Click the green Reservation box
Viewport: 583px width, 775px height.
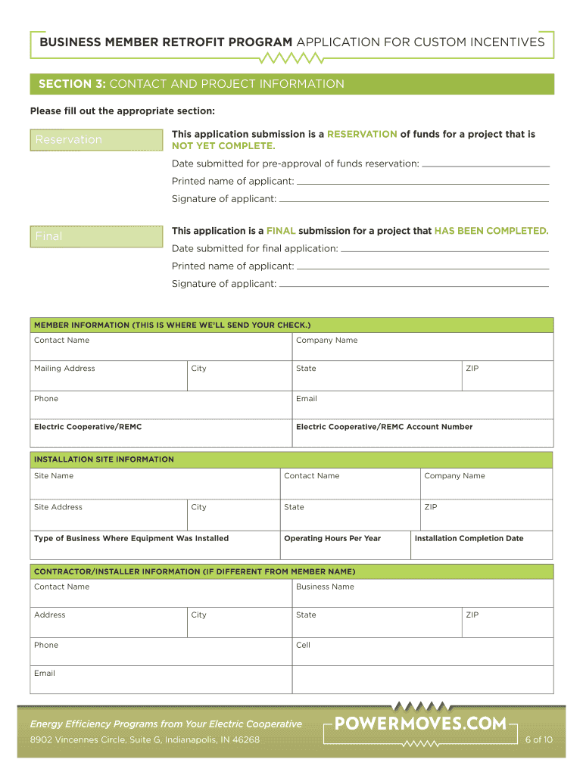coord(96,140)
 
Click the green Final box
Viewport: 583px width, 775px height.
coord(96,237)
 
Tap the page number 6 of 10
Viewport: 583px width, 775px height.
coord(538,739)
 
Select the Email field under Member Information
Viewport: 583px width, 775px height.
coord(422,405)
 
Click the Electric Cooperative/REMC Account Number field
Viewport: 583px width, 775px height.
coord(422,434)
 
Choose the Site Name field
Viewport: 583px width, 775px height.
coord(154,484)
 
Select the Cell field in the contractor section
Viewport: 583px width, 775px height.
coord(422,652)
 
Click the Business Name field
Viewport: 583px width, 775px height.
coord(422,593)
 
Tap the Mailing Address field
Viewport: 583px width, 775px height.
coord(108,375)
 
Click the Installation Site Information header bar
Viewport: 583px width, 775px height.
coord(291,459)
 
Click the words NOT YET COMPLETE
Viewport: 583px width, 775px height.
coord(223,146)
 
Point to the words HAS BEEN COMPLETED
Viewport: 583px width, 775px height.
coord(491,231)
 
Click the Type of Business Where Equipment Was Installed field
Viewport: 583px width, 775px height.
coord(154,546)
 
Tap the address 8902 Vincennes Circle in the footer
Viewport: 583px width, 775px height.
coord(145,739)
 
